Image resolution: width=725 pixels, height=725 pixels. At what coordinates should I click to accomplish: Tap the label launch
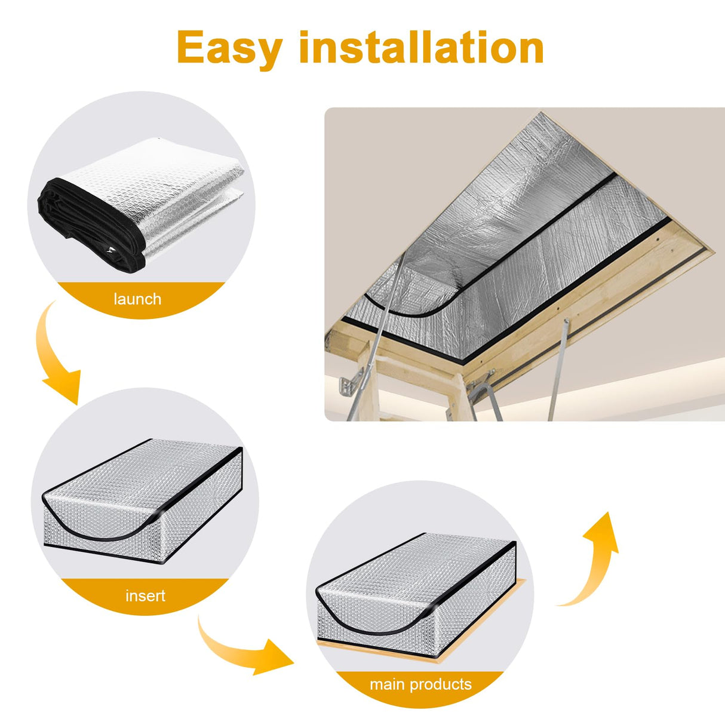tap(137, 299)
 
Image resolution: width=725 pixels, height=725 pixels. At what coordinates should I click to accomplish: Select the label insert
tap(145, 595)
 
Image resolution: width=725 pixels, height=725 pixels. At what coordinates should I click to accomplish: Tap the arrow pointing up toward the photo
tap(591, 561)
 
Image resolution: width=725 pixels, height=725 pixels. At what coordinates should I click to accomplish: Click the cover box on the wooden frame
tap(418, 591)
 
